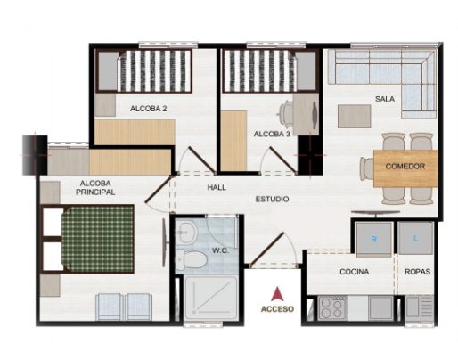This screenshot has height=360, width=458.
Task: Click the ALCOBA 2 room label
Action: [x=148, y=109]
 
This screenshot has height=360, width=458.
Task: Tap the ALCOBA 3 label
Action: [x=272, y=135]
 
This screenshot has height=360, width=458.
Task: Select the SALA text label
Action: [x=385, y=99]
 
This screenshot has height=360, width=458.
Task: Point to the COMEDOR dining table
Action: [x=405, y=168]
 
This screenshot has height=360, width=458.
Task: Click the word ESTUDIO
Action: [x=272, y=199]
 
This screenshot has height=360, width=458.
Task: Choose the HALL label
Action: [x=217, y=187]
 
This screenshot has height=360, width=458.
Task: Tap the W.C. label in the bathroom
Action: [x=220, y=250]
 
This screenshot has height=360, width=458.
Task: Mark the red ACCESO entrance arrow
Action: [x=277, y=294]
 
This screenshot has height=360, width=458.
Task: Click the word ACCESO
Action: [x=277, y=309]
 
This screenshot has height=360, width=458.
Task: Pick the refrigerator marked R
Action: [x=373, y=240]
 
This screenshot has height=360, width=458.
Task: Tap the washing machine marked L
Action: [x=415, y=238]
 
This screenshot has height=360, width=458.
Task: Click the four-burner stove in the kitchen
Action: [x=332, y=308]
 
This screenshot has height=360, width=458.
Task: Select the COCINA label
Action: [x=355, y=272]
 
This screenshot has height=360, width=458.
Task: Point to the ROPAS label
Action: [x=417, y=272]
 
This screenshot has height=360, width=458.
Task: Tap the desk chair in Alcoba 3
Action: [x=285, y=114]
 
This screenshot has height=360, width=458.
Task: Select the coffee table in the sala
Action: [x=355, y=117]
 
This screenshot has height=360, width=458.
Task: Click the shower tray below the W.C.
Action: [x=211, y=298]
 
